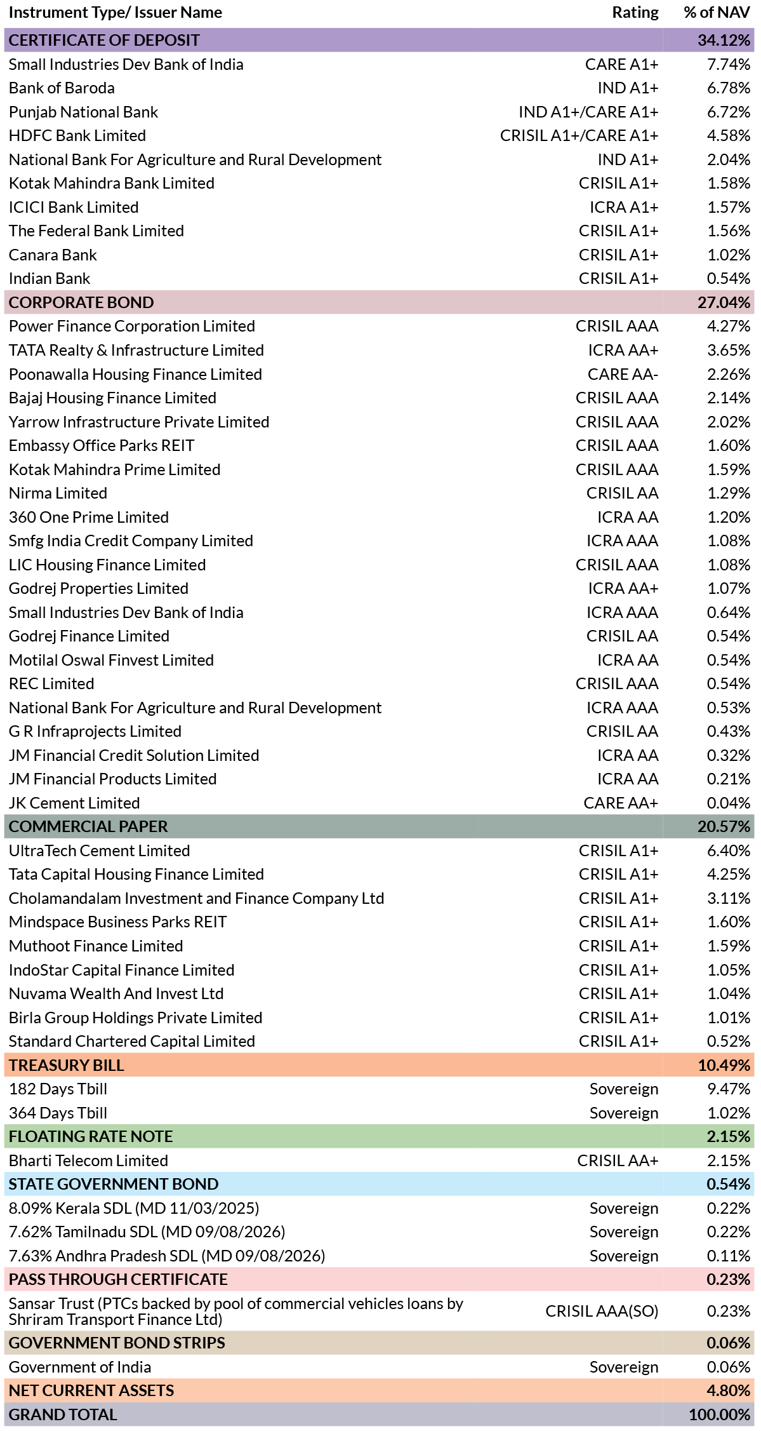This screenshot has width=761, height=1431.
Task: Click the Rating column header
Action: pos(635,13)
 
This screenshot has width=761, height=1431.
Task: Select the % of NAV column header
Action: pos(717,13)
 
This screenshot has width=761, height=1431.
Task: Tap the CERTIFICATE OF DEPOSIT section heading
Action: pos(104,40)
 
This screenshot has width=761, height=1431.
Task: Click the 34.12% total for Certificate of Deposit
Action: pos(724,40)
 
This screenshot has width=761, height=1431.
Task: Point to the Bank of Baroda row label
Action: pos(62,88)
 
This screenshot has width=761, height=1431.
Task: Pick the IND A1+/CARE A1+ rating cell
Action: pos(588,112)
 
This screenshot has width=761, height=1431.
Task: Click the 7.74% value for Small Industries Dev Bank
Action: pos(729,64)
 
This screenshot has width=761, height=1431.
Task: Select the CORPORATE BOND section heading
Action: pos(81,302)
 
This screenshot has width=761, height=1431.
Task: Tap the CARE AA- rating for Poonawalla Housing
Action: pos(623,374)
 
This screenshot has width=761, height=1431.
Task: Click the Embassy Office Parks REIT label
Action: pos(102,445)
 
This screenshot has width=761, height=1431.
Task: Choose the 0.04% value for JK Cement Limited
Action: pos(729,803)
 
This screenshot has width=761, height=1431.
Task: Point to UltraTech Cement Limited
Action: pos(100,850)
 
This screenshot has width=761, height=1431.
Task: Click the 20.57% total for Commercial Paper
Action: pos(724,826)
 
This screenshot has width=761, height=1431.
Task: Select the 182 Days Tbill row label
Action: pos(58,1089)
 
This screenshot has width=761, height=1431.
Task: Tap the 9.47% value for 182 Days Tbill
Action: pos(729,1089)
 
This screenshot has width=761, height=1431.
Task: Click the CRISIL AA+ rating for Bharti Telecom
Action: pos(618,1160)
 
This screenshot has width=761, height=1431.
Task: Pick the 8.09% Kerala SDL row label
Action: pos(134,1208)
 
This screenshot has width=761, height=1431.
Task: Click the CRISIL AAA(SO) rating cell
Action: pos(602,1311)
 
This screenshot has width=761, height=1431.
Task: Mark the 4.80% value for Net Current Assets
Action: pos(729,1390)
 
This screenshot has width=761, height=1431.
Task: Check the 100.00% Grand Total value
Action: pos(720,1414)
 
